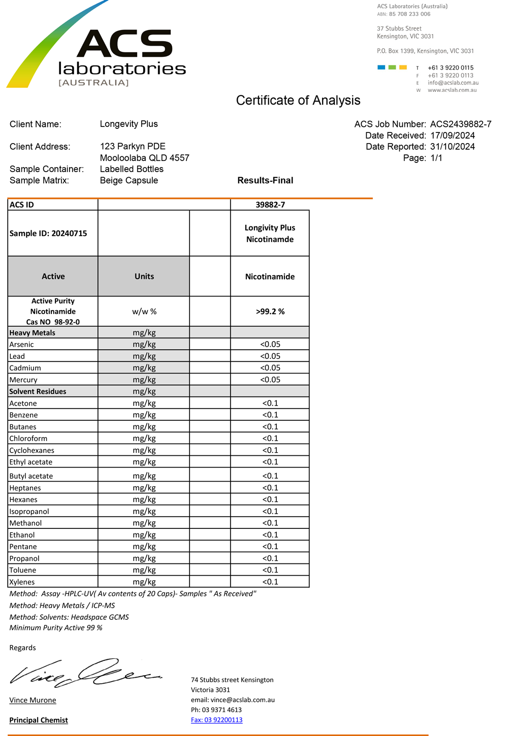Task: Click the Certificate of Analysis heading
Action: click(298, 101)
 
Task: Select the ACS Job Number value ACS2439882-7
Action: click(460, 124)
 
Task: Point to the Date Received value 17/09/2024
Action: click(452, 136)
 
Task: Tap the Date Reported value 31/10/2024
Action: click(452, 147)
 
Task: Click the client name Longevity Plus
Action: click(129, 124)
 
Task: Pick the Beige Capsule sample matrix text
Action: click(129, 181)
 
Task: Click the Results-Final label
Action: click(265, 181)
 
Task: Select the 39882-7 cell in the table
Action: click(270, 205)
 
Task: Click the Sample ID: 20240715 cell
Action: click(48, 233)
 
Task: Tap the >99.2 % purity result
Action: click(270, 311)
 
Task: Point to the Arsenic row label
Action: click(22, 345)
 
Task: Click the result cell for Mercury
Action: click(270, 380)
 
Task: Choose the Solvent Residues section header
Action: click(38, 391)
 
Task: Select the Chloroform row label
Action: click(28, 439)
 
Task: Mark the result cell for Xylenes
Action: click(270, 582)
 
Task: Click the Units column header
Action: click(144, 277)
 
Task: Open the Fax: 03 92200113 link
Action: click(216, 720)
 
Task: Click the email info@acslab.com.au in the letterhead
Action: click(453, 83)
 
